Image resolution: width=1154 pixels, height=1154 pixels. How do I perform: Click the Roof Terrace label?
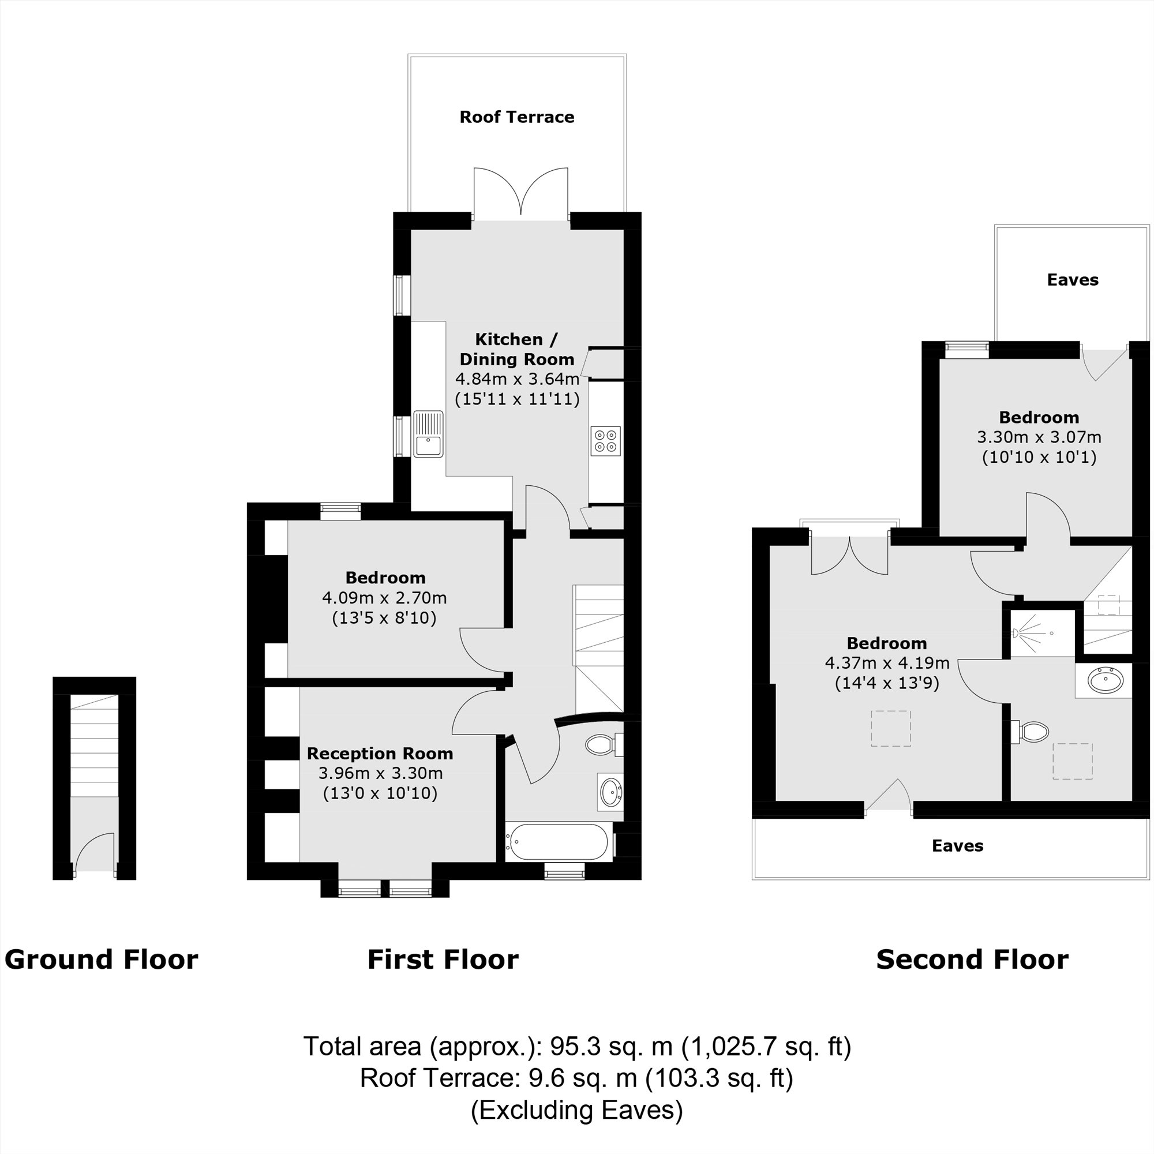516,117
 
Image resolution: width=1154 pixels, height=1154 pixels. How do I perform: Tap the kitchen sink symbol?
428,434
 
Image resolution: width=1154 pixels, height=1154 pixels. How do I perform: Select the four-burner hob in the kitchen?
605,441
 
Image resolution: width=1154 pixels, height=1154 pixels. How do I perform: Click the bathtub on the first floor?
559,842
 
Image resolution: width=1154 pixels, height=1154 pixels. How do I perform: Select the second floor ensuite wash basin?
1105,680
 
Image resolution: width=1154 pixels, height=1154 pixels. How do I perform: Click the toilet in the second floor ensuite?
1032,732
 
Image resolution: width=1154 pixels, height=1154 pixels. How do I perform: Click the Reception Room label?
380,754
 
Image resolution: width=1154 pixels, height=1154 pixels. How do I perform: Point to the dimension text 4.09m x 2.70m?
384,597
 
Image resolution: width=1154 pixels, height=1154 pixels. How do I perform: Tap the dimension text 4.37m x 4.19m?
887,663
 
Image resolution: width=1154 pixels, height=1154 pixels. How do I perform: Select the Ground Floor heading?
101,960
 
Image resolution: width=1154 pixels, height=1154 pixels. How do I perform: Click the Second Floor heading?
972,960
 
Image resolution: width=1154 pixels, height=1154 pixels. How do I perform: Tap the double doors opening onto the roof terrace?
520,192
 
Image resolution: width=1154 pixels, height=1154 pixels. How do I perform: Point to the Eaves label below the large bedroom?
957,846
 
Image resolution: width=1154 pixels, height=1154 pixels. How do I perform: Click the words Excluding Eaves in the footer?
576,1110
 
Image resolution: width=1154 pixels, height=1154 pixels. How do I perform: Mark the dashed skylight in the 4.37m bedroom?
890,728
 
